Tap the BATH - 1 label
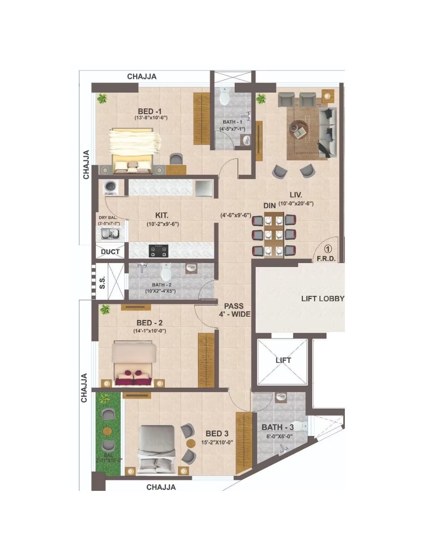coord(232,122)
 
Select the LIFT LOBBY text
coord(322,298)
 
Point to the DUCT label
coord(110,252)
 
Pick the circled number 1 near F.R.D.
coord(328,249)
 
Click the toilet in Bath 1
coord(225,97)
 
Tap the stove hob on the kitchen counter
coord(158,250)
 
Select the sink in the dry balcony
coord(110,233)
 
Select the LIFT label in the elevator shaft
coord(283,360)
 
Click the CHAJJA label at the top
coord(142,77)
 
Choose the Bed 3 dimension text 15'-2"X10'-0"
coord(217,442)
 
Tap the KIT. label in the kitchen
coord(161,216)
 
